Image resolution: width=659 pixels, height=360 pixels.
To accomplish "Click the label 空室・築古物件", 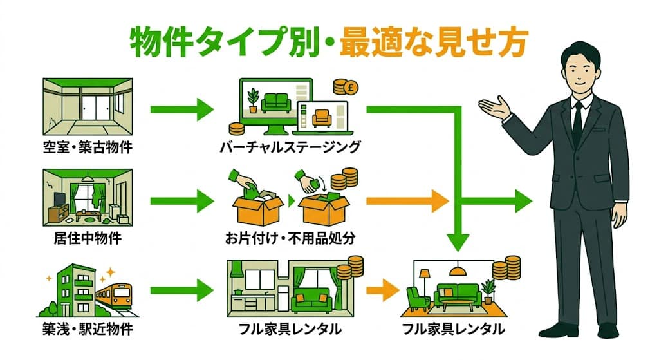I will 87,148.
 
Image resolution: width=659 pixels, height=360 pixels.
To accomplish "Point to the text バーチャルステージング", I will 289,148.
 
